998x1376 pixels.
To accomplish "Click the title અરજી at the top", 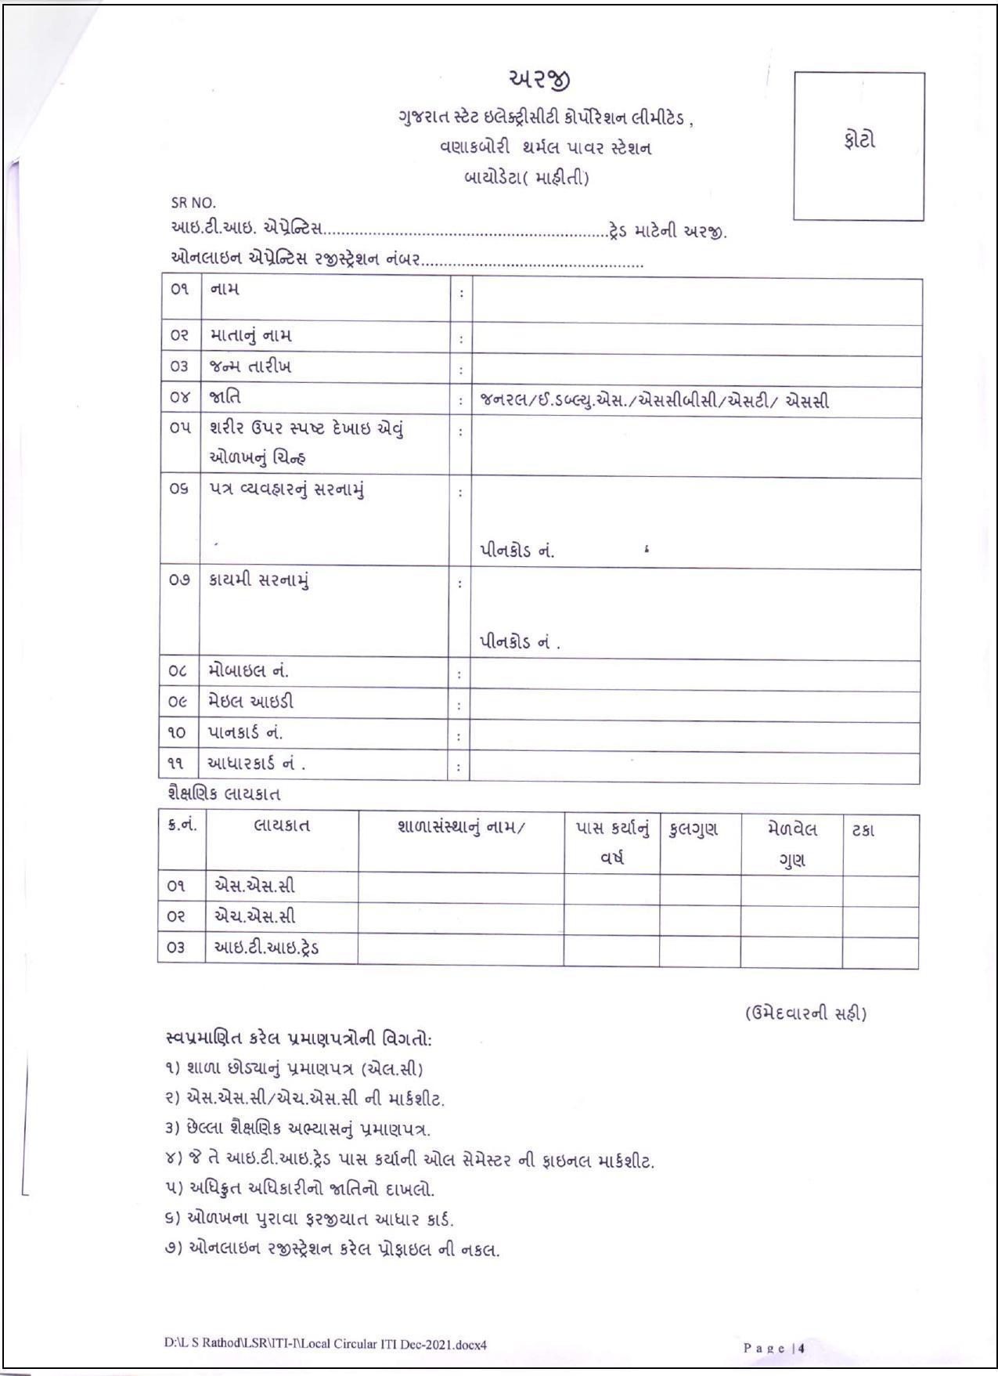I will (x=540, y=80).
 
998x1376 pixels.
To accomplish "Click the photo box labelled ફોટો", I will (x=859, y=146).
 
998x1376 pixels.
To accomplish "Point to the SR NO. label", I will (x=193, y=203).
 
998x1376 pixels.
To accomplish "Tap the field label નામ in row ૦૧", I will (x=225, y=289).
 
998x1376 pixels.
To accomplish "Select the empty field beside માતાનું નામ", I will (x=697, y=340).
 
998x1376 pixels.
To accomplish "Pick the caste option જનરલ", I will (x=503, y=402).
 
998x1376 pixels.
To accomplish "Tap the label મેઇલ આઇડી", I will (x=251, y=702).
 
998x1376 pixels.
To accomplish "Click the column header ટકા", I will (x=863, y=830).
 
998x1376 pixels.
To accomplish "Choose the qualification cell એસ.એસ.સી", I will (x=254, y=887).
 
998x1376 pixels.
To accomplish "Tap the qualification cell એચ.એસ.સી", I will (x=255, y=916).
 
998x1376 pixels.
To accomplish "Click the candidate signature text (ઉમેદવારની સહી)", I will (x=805, y=1013).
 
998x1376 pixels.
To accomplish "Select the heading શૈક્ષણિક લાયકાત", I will (x=224, y=794).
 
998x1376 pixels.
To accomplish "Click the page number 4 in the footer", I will (x=802, y=1348).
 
